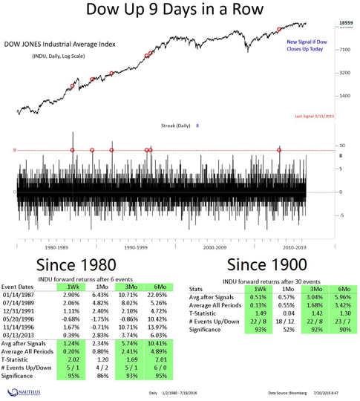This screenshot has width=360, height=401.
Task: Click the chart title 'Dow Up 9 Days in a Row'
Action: point(180,10)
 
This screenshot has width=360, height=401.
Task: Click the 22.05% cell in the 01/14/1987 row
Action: point(163,296)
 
